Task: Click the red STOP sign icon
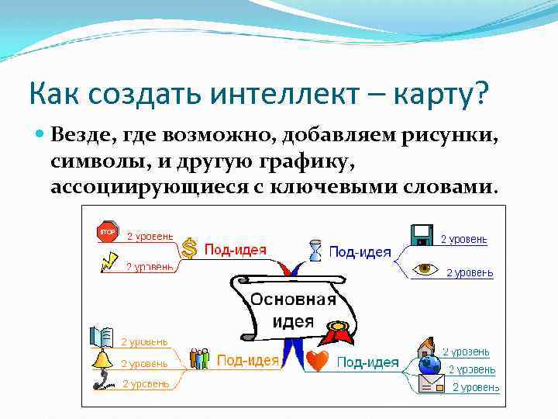click(x=106, y=231)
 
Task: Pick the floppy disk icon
click(x=422, y=234)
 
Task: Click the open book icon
click(x=101, y=337)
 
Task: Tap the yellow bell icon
click(x=101, y=359)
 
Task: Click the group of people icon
click(x=199, y=358)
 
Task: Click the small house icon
click(x=426, y=347)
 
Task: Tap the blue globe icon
click(x=429, y=365)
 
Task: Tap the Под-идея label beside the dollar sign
click(x=235, y=250)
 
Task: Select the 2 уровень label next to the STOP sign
click(x=150, y=236)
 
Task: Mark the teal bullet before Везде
click(x=41, y=135)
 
